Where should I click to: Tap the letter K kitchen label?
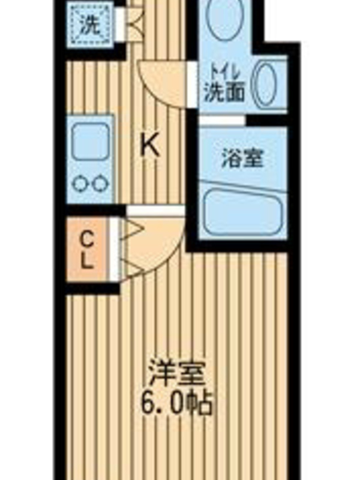pos(149,146)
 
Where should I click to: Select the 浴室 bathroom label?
pos(242,158)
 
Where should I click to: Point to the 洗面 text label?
pos(224,92)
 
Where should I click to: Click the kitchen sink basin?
pos(91,140)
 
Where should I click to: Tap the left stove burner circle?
pos(80,184)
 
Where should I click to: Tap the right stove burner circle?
pos(100,184)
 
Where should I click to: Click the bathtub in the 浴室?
pos(243,212)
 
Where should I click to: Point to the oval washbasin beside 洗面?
pos(265,83)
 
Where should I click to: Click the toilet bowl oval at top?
pos(225,19)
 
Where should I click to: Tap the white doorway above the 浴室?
pos(223,121)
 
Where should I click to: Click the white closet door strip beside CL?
pos(114,248)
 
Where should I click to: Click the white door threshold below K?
pos(156,211)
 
